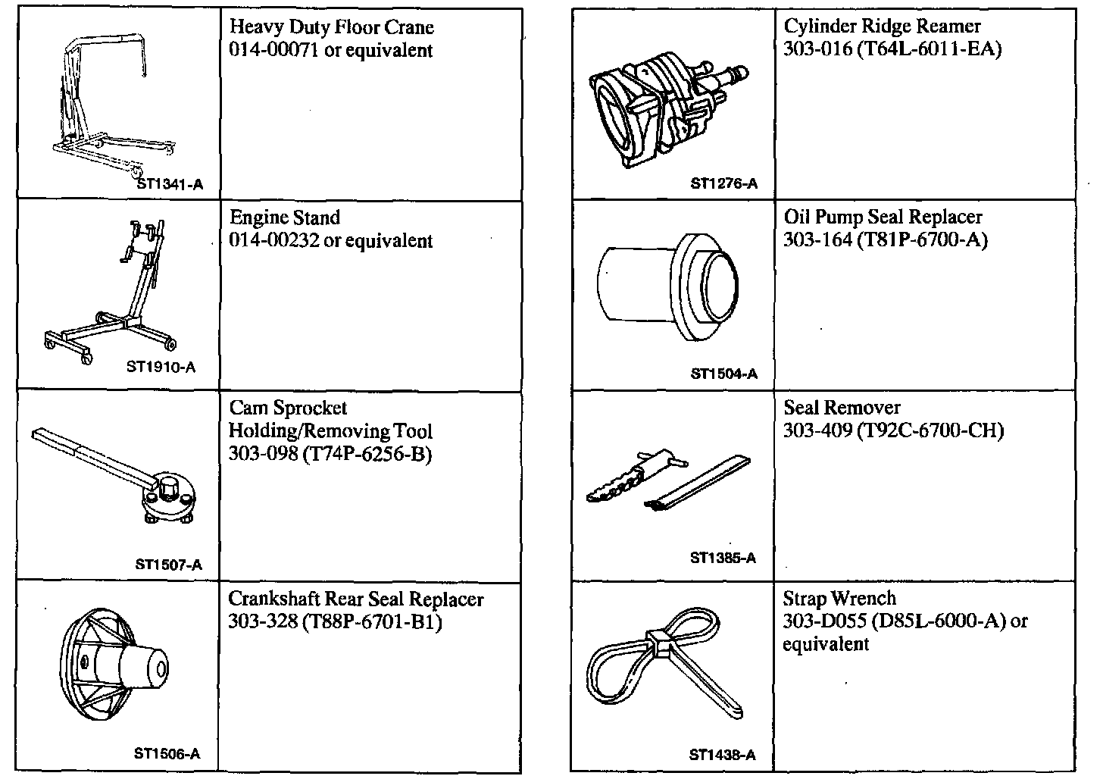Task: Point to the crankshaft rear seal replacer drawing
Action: tap(114, 667)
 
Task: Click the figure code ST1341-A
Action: tap(170, 183)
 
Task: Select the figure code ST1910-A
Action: tap(161, 368)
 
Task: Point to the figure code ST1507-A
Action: tap(169, 565)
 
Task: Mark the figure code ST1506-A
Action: tap(167, 754)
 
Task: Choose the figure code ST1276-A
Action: tap(723, 183)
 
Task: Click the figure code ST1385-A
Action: tap(723, 559)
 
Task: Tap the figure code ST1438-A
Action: tap(722, 755)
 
